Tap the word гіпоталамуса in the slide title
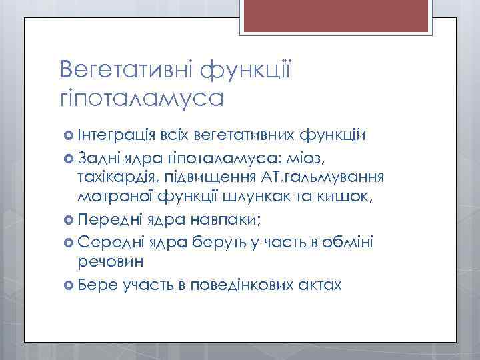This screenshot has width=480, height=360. tap(140, 98)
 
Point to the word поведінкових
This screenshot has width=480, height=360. tap(239, 285)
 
